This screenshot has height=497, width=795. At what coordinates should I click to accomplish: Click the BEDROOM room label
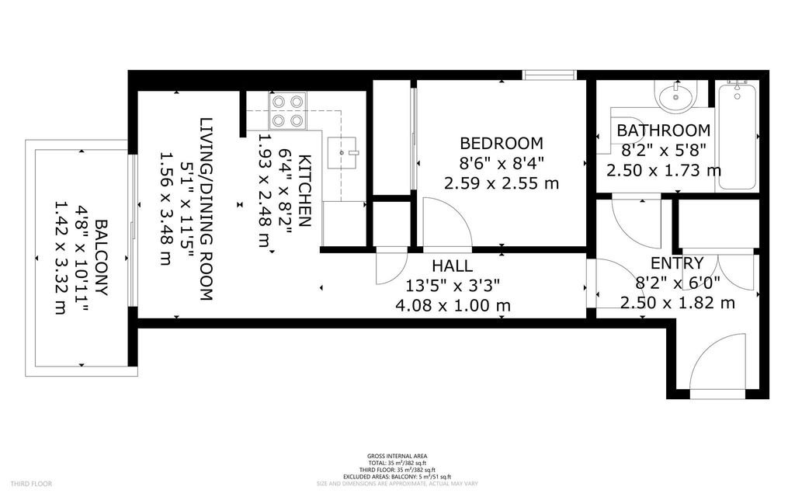pyautogui.click(x=501, y=144)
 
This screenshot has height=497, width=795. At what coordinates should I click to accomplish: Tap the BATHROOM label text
pyautogui.click(x=663, y=130)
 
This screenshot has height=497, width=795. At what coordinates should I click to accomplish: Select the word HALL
pyautogui.click(x=452, y=266)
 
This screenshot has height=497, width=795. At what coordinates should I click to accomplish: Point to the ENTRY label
pyautogui.click(x=677, y=262)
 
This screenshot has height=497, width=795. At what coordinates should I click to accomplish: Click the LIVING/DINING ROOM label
pyautogui.click(x=206, y=210)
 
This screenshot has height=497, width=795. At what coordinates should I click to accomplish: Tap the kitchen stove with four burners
pyautogui.click(x=287, y=110)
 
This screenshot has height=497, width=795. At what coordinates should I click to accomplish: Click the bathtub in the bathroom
pyautogui.click(x=737, y=136)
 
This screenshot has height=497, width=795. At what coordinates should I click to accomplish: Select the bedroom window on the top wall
pyautogui.click(x=549, y=75)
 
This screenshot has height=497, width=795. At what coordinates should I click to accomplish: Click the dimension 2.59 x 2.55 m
pyautogui.click(x=501, y=184)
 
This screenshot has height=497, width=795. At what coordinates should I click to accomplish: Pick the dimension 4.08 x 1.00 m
pyautogui.click(x=452, y=305)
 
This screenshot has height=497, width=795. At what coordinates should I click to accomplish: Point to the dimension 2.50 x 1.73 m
pyautogui.click(x=663, y=170)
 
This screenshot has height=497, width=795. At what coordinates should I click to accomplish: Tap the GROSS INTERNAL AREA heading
pyautogui.click(x=397, y=457)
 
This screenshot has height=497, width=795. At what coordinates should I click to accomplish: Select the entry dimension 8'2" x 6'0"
pyautogui.click(x=677, y=283)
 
